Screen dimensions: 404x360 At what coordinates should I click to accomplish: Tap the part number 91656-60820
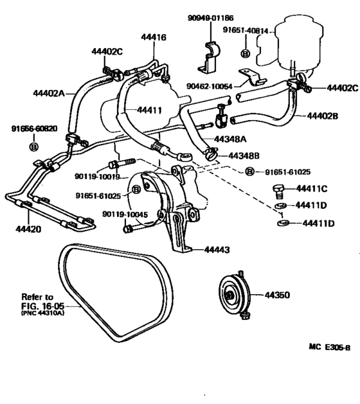[35, 128]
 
